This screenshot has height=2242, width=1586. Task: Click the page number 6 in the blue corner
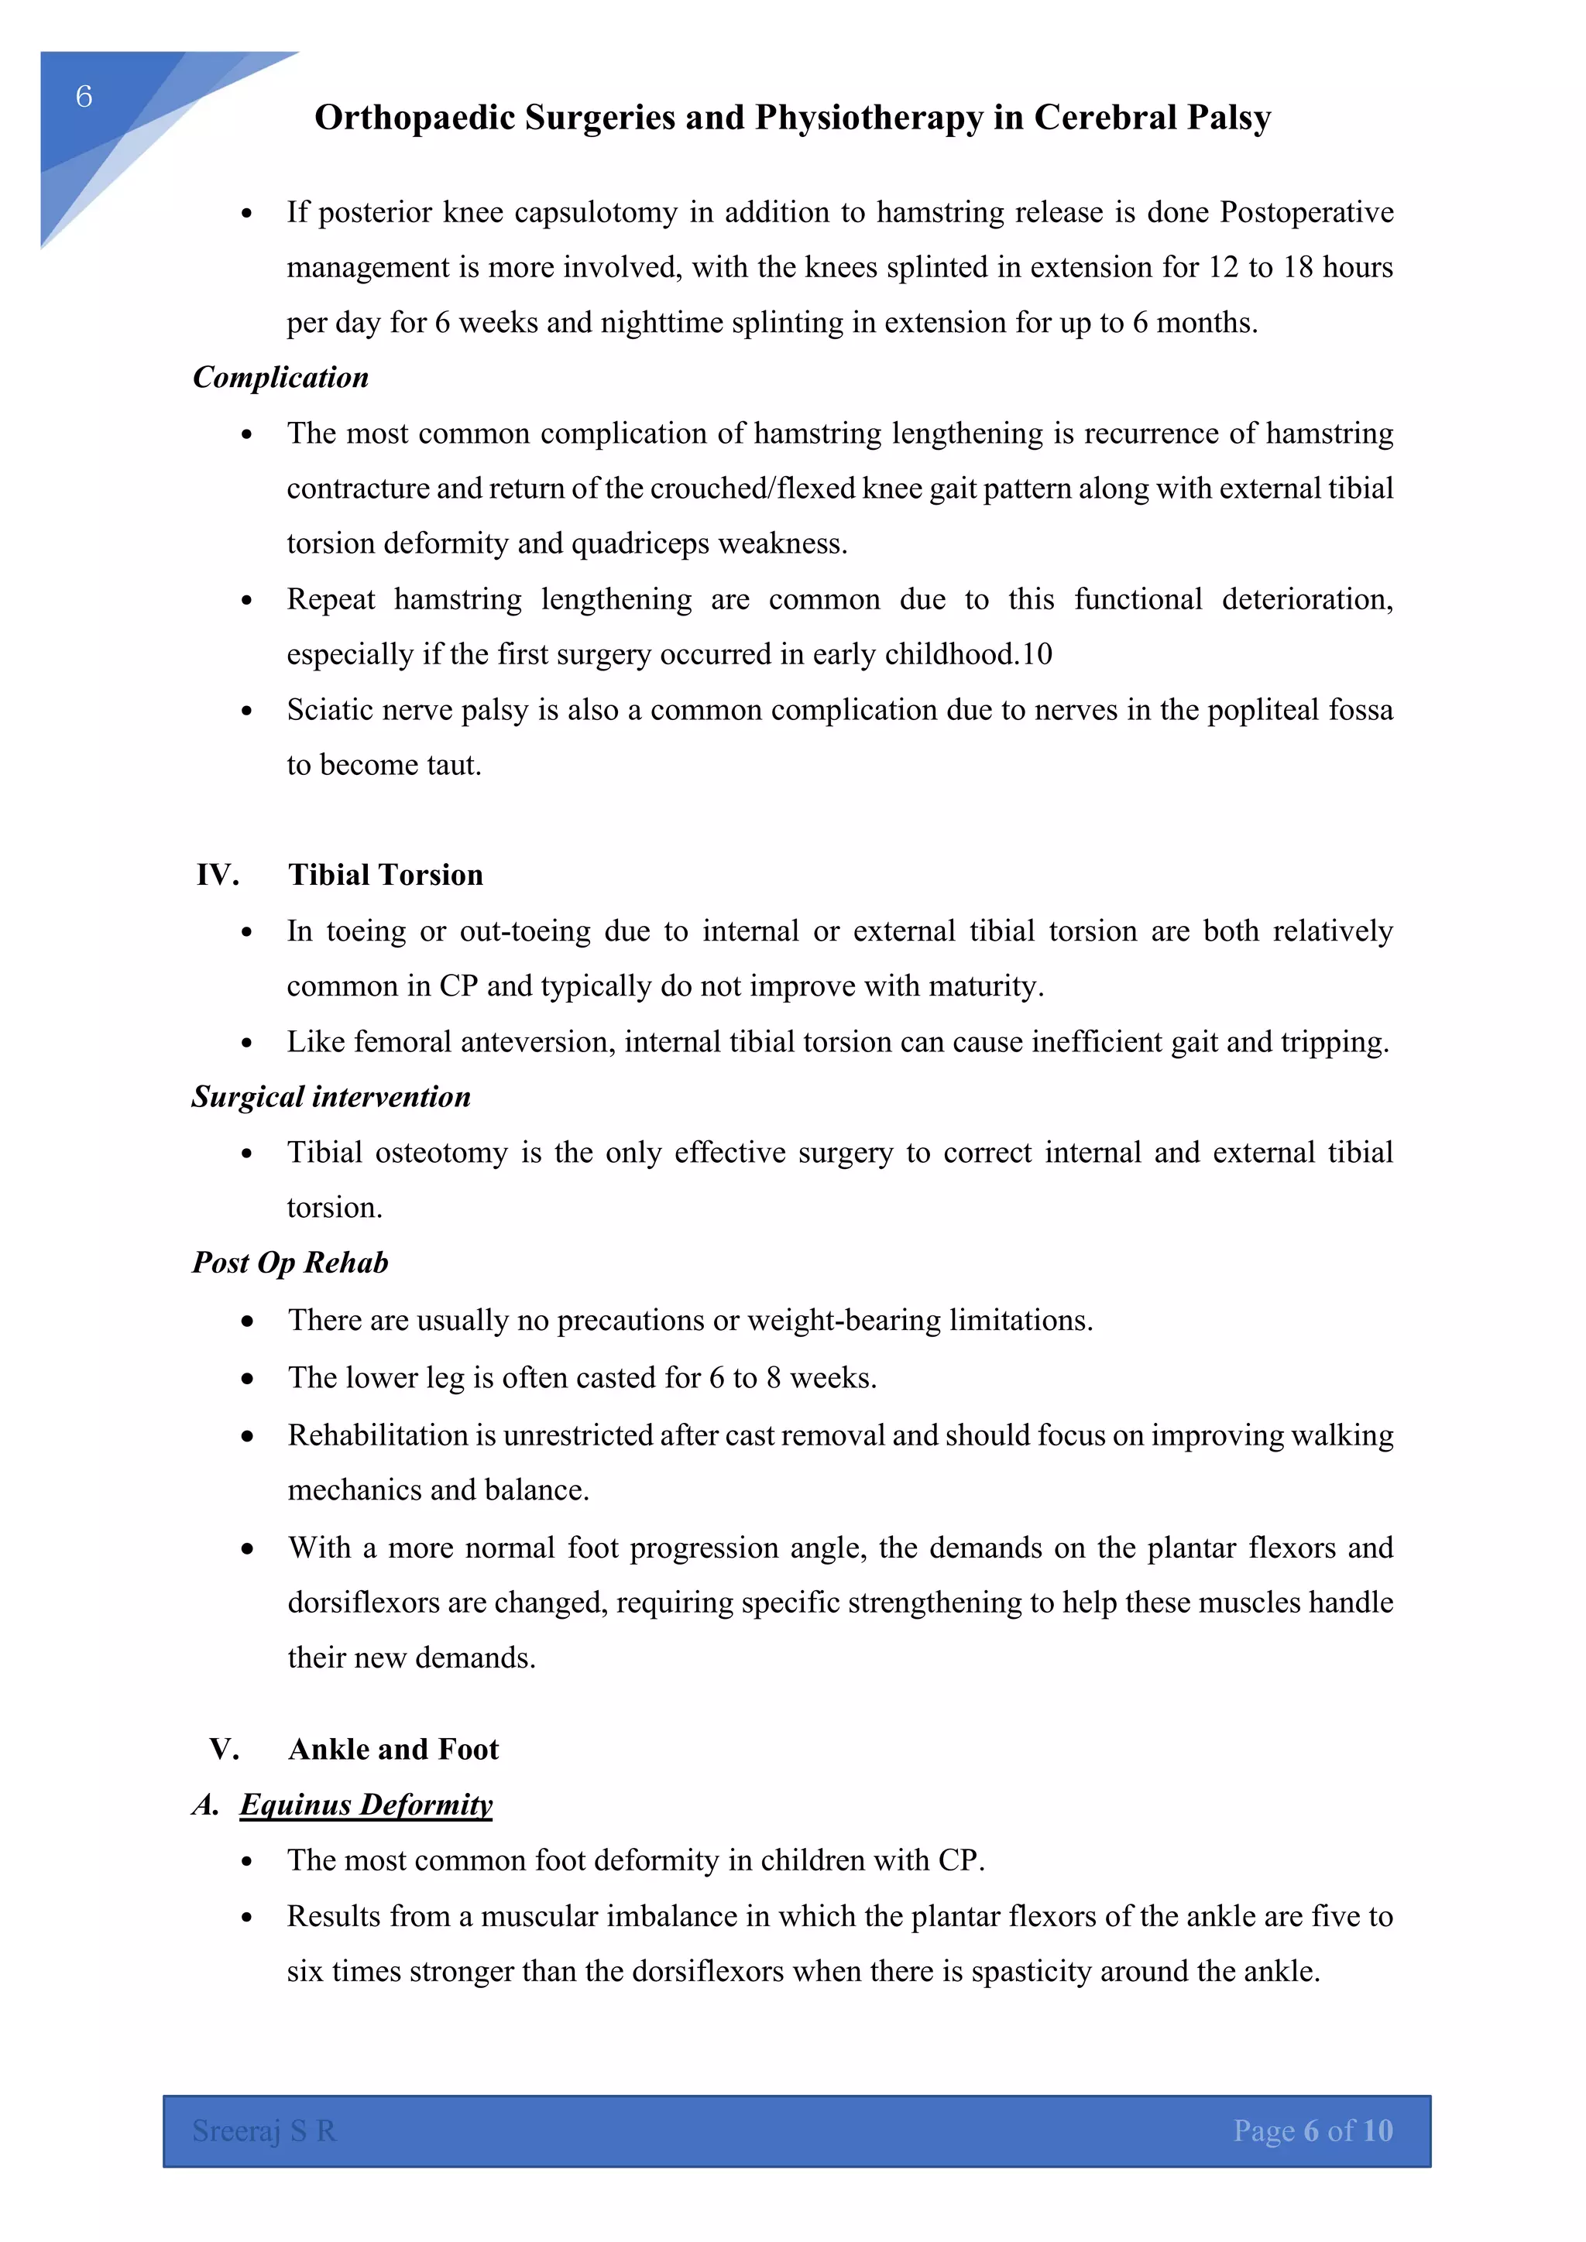point(84,96)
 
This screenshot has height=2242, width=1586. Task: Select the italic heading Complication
point(280,378)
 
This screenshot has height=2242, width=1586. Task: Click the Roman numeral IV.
point(217,875)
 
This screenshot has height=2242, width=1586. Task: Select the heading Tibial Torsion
point(385,875)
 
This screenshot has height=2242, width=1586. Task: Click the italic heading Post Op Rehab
point(290,1263)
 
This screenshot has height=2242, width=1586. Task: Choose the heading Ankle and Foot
point(393,1749)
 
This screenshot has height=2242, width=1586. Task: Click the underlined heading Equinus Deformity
point(366,1805)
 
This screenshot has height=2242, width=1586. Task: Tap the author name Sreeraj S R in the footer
point(263,2130)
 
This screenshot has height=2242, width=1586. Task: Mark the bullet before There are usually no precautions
point(248,1322)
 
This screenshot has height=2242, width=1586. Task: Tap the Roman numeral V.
point(224,1749)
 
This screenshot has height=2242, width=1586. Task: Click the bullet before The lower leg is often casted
point(248,1379)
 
